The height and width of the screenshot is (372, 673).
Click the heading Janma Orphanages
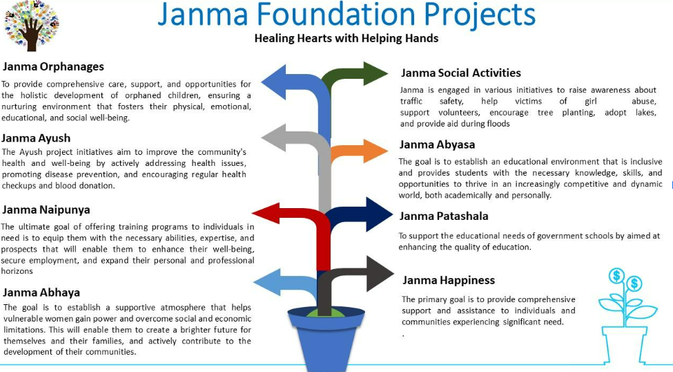(x=53, y=66)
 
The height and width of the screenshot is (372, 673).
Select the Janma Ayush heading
(x=36, y=138)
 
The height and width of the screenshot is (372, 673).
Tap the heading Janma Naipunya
(x=46, y=210)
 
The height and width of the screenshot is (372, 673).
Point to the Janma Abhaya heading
(x=41, y=292)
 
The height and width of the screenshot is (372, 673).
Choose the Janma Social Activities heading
(x=461, y=73)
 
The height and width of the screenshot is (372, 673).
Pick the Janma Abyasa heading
(x=437, y=145)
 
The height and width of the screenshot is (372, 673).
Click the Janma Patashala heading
(x=444, y=216)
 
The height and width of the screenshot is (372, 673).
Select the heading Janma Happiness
(x=449, y=281)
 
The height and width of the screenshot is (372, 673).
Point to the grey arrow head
(x=273, y=138)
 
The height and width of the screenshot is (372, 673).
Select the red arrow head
(x=266, y=213)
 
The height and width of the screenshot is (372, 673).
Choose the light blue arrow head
(x=266, y=282)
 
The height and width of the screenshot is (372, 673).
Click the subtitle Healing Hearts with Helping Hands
(x=347, y=38)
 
